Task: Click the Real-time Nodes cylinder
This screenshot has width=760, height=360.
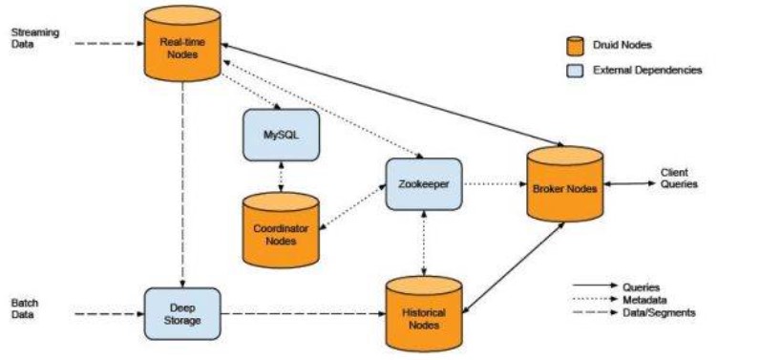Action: click(x=182, y=44)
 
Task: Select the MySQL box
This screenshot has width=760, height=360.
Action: click(x=281, y=135)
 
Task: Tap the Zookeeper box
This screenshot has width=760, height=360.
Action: click(x=424, y=184)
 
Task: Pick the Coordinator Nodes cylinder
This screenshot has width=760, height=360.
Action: click(x=281, y=230)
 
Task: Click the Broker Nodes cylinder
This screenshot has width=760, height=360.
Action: click(x=565, y=184)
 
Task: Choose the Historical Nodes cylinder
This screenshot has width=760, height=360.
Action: click(x=424, y=314)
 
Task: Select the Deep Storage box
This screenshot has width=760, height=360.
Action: click(x=182, y=314)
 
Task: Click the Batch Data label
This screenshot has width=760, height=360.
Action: click(x=25, y=308)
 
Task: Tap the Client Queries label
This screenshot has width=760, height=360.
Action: click(x=679, y=179)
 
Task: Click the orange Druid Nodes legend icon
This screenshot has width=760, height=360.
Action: click(x=575, y=46)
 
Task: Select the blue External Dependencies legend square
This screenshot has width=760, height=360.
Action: click(x=575, y=71)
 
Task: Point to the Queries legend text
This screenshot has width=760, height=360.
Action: click(x=641, y=287)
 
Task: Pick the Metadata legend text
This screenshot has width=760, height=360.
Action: click(x=644, y=300)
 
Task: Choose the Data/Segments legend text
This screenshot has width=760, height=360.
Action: click(x=659, y=312)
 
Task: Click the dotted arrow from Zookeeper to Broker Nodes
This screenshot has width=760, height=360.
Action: click(x=495, y=184)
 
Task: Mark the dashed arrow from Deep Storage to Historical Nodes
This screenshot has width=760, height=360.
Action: click(x=304, y=314)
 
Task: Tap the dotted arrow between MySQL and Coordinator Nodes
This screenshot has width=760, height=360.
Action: click(x=281, y=177)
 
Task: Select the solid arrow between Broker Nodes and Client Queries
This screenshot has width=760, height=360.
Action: click(x=629, y=183)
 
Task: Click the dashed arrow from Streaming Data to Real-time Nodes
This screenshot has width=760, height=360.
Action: click(x=110, y=43)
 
